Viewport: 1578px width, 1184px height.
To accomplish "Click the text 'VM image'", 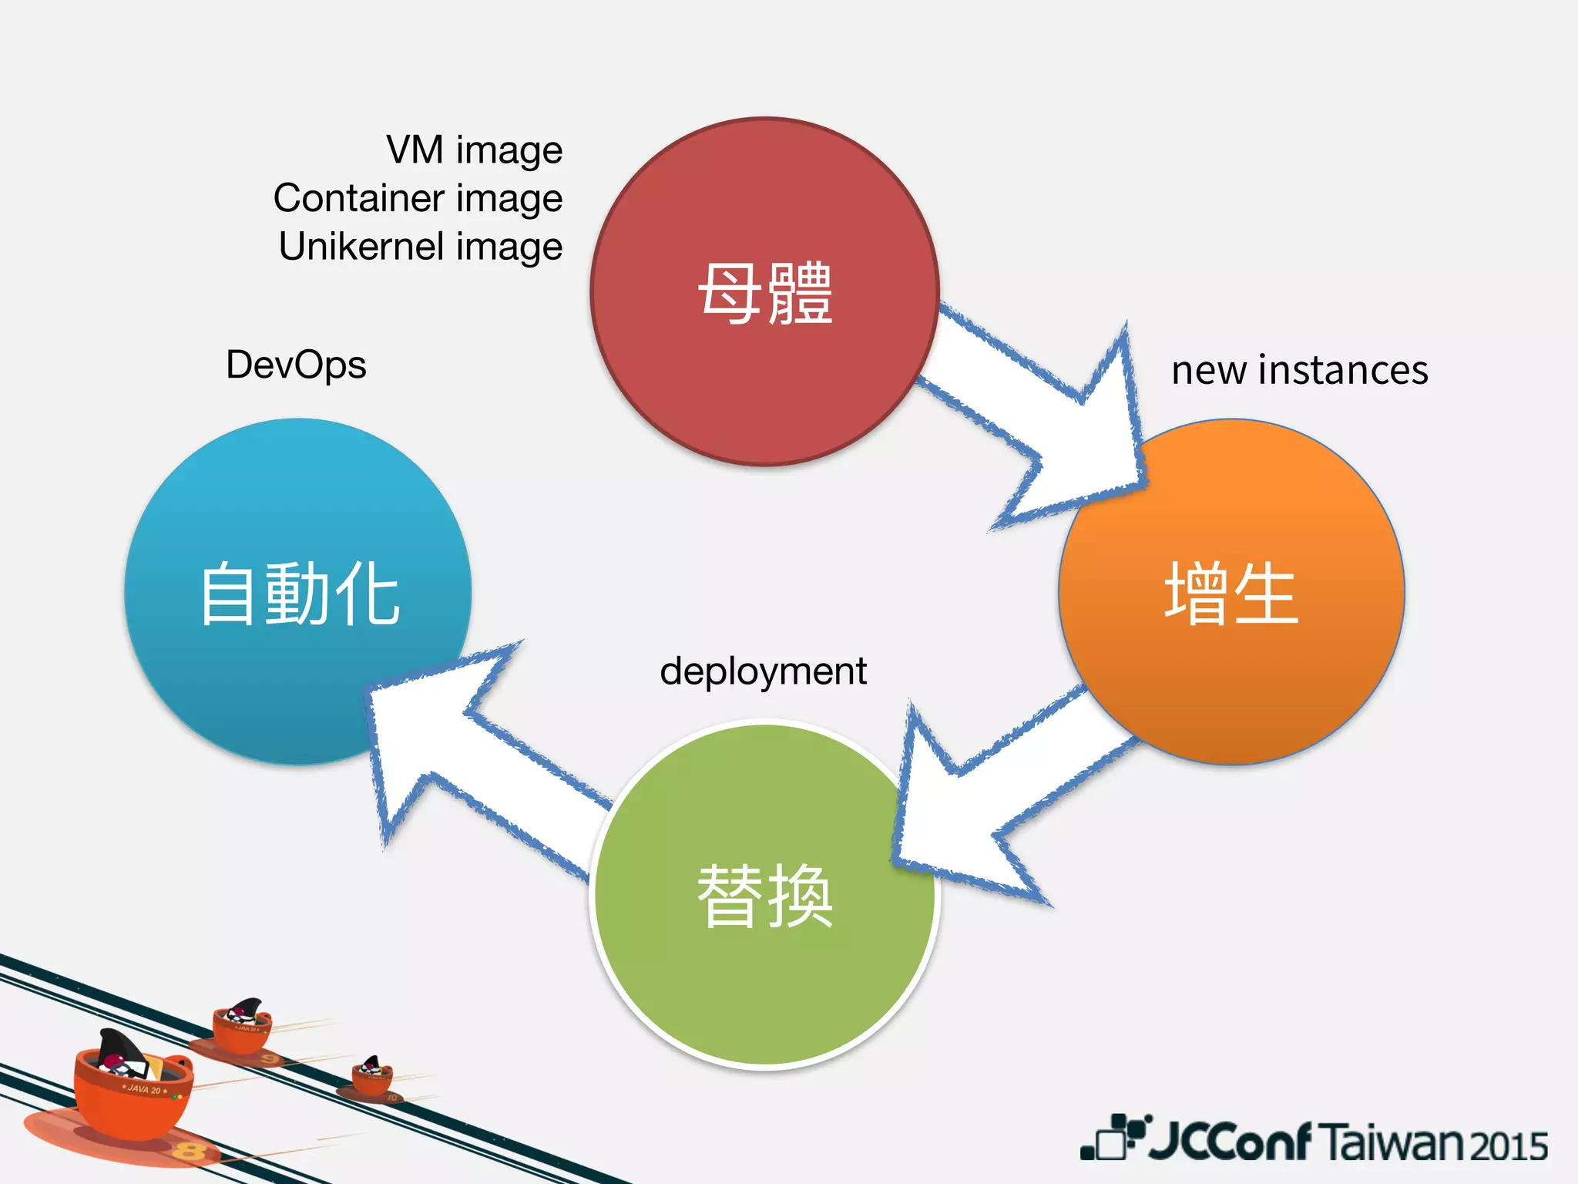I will click(x=474, y=150).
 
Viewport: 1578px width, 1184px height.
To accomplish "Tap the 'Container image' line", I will click(x=418, y=198).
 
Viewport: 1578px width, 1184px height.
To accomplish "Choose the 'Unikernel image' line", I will click(x=421, y=247).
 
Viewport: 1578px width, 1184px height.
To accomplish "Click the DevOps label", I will click(x=296, y=365).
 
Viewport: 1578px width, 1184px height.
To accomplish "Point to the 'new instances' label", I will click(x=1300, y=370).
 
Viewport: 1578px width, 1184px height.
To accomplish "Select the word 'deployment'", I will click(x=763, y=671).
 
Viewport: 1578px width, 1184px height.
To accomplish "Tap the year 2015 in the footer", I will click(x=1508, y=1145).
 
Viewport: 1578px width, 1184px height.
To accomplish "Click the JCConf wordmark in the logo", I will click(x=1230, y=1141).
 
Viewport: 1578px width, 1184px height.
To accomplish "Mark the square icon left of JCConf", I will click(x=1111, y=1139).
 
